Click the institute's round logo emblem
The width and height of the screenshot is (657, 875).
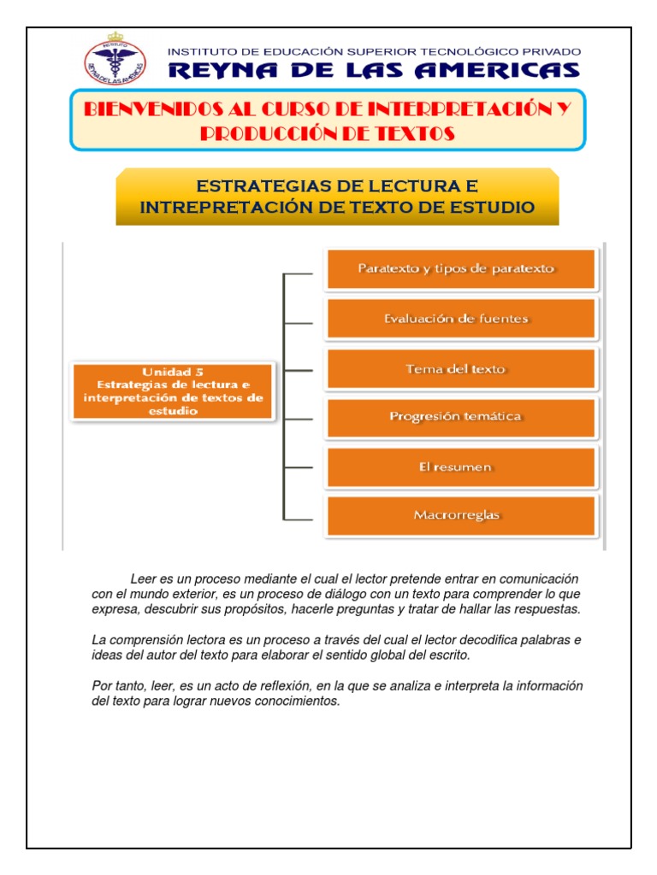pyautogui.click(x=115, y=62)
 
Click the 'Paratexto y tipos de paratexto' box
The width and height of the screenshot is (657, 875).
pyautogui.click(x=460, y=269)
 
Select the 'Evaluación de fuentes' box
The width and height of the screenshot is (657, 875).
pyautogui.click(x=460, y=319)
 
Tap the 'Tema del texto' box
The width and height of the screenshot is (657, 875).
pyautogui.click(x=460, y=369)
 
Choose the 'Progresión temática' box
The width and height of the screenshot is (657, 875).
pyautogui.click(x=460, y=417)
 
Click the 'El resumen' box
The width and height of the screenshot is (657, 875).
pyautogui.click(x=460, y=467)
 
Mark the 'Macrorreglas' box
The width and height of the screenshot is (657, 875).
pyautogui.click(x=460, y=515)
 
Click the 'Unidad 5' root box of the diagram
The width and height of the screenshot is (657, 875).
pyautogui.click(x=173, y=391)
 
